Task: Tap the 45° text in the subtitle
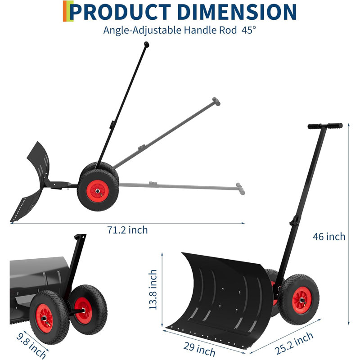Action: click(249, 30)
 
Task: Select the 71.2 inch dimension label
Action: click(127, 230)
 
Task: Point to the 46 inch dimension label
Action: click(329, 237)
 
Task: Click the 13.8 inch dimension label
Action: click(153, 289)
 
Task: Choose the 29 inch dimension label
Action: click(199, 349)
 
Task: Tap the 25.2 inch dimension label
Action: click(294, 343)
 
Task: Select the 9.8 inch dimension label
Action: click(31, 346)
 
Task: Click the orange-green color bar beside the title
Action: click(68, 11)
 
